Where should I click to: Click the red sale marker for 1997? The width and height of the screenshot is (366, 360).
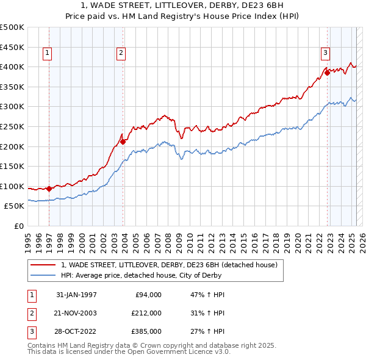pos(49,189)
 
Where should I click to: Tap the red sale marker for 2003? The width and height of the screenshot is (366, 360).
pos(123,142)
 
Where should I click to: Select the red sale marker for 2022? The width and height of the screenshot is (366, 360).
pos(327,73)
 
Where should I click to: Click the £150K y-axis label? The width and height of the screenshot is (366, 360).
pos(12,166)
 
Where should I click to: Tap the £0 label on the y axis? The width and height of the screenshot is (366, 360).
pos(18,226)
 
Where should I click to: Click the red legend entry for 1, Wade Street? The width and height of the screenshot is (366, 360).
pos(169,265)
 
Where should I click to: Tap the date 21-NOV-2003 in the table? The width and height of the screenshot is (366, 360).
pos(76,313)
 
